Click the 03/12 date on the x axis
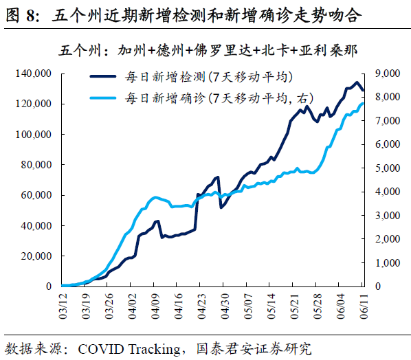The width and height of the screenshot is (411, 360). (x=63, y=304)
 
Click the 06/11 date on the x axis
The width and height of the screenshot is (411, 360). (x=364, y=304)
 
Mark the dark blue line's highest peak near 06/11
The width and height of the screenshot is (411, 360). (x=356, y=82)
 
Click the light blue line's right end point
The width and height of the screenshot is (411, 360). (x=364, y=103)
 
